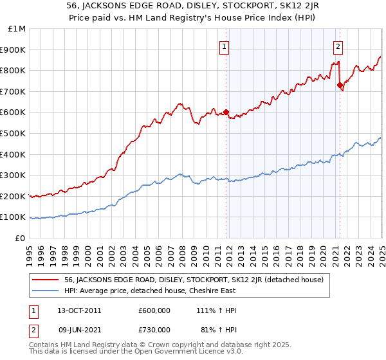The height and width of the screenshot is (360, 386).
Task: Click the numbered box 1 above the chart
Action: click(225, 46)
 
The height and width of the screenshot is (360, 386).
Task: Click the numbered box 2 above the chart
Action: click(338, 46)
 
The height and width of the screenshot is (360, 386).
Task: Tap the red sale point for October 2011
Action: click(226, 112)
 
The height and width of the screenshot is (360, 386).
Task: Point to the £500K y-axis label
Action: click(13, 133)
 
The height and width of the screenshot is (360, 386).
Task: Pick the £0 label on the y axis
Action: click(21, 238)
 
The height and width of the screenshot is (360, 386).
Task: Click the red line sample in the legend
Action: click(46, 280)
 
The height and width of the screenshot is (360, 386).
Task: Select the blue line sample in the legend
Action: click(46, 291)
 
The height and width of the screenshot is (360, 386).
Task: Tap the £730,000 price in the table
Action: click(154, 331)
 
